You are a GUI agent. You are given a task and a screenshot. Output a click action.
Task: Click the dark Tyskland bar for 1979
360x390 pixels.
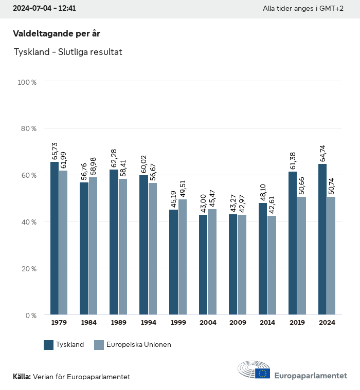tap(55, 238)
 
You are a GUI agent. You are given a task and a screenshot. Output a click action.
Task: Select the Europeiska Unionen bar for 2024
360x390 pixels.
tap(331, 256)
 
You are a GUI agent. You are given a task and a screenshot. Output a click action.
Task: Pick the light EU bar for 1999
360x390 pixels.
tap(183, 257)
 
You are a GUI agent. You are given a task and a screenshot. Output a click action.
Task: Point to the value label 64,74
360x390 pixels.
tap(322, 154)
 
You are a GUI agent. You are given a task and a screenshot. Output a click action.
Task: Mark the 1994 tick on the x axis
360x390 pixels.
tap(148, 323)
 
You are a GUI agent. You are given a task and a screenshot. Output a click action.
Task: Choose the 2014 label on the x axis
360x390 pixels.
tap(267, 323)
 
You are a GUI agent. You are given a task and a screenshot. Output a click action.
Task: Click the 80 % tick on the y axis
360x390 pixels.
tap(28, 128)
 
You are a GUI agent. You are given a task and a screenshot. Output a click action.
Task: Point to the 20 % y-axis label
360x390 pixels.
tap(28, 269)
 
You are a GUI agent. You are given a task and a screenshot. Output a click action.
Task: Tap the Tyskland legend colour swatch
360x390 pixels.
tap(49, 345)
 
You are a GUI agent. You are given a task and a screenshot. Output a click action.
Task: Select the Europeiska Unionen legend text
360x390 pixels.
tap(138, 345)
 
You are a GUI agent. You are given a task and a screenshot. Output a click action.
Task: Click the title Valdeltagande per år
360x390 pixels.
tap(57, 33)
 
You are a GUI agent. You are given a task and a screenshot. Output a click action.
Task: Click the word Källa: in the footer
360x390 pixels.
tap(22, 377)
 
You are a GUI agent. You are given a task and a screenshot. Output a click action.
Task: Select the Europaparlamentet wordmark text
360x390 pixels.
tap(311, 376)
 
